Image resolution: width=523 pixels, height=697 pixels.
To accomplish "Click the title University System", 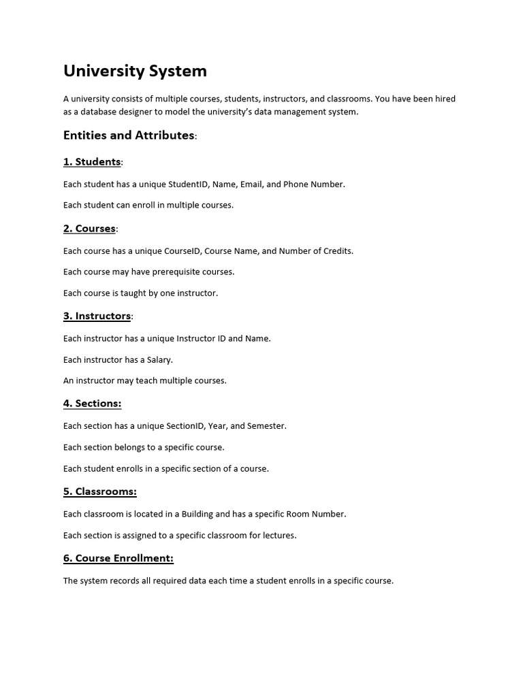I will point(135,71).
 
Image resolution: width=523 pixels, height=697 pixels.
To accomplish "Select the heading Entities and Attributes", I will point(129,135).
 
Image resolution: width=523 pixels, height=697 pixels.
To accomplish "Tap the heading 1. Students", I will point(92,162).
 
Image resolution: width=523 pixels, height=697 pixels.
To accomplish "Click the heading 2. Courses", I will point(89,229).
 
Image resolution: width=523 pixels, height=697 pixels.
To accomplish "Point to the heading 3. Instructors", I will point(97,316).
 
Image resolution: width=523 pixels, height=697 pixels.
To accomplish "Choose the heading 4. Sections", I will point(92,404).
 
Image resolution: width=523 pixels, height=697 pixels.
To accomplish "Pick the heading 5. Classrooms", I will point(100,491).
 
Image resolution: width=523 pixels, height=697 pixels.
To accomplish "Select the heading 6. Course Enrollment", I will point(118,558).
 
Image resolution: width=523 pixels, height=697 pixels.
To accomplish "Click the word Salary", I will point(160,359).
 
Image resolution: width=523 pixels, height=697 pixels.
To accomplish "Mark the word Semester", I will point(267,426).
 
